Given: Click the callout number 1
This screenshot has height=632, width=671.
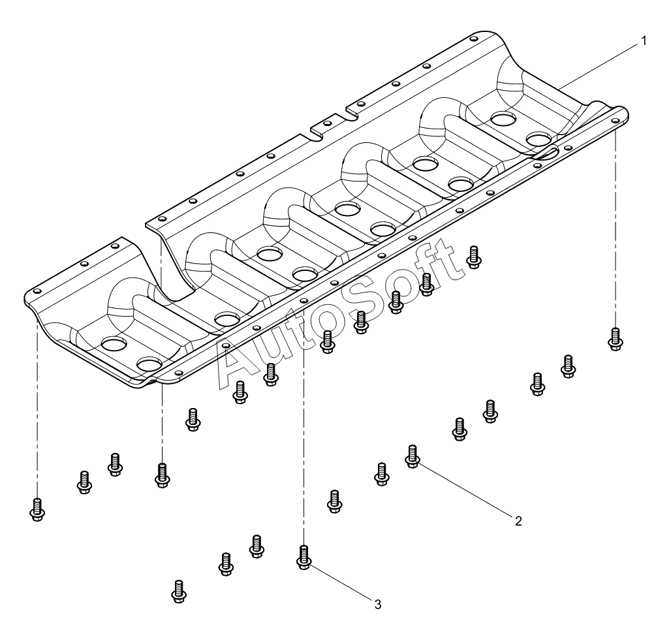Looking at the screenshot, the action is click(x=643, y=41).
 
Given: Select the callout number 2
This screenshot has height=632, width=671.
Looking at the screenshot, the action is click(x=518, y=521).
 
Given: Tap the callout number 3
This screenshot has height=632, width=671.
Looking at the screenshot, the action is click(x=377, y=605).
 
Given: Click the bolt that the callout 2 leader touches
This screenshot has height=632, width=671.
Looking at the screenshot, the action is click(x=412, y=456).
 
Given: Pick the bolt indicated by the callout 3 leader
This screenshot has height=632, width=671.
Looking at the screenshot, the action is click(x=304, y=558).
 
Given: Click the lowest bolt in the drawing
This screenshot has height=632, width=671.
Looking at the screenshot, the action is click(x=179, y=592).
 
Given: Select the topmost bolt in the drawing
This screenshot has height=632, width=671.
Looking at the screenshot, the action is click(x=473, y=257).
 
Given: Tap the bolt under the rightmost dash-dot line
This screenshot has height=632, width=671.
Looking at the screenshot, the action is click(x=615, y=339).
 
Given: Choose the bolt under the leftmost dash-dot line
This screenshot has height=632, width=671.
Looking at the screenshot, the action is click(x=37, y=509).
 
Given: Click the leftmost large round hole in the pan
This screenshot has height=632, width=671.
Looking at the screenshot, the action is click(x=114, y=343).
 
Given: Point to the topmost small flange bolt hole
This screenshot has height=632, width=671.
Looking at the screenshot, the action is click(x=473, y=39).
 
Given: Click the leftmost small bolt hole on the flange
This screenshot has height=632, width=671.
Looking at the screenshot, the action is click(x=37, y=291).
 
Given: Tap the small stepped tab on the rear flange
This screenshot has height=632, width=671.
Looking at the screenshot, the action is click(x=328, y=124).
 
